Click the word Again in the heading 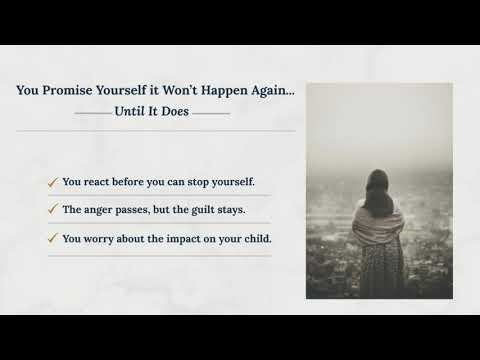pos(275,90)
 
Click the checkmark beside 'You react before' pos(52,183)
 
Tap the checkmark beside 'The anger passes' pos(52,211)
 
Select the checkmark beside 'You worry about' pos(52,239)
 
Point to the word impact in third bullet pos(181,239)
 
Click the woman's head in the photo pos(378,183)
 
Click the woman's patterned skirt pos(380,268)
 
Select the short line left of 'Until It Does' pos(93,113)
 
